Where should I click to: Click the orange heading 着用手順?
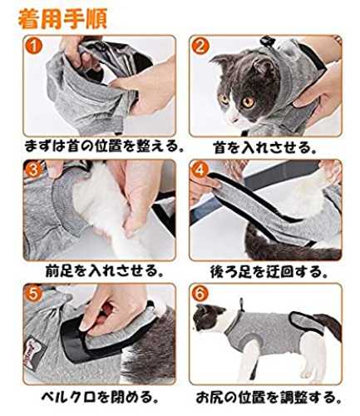62,19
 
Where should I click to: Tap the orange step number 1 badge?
34,46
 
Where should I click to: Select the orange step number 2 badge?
200,46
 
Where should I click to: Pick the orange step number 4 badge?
200,170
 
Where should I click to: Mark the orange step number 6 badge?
200,294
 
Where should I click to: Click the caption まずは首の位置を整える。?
104,146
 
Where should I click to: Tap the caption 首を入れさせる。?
264,147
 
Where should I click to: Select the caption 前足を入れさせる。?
104,271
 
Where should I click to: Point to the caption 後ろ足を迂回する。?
269,272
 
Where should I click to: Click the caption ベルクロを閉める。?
101,397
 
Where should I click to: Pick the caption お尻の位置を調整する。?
269,397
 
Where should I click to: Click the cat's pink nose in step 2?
231,119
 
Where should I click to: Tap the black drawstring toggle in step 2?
266,41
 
